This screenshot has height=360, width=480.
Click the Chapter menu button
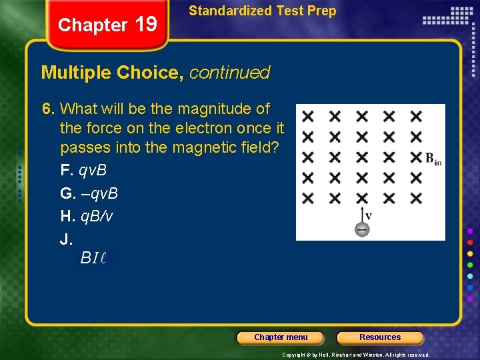(x=281, y=337)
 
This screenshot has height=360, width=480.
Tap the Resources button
(x=380, y=337)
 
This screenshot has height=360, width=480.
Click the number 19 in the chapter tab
(x=145, y=25)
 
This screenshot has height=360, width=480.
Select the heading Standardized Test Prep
(x=262, y=11)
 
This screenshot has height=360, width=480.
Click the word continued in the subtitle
(x=229, y=73)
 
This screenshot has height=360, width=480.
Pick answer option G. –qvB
(x=89, y=193)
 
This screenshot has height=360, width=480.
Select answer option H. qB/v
(x=87, y=216)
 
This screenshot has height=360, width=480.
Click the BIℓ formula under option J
(x=93, y=257)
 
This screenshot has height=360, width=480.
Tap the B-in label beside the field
(x=433, y=159)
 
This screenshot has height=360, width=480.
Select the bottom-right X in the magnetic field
(x=416, y=198)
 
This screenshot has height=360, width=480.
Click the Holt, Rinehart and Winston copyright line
(x=355, y=355)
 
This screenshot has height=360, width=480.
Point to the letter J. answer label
(x=66, y=239)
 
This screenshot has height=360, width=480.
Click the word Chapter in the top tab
(x=93, y=25)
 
